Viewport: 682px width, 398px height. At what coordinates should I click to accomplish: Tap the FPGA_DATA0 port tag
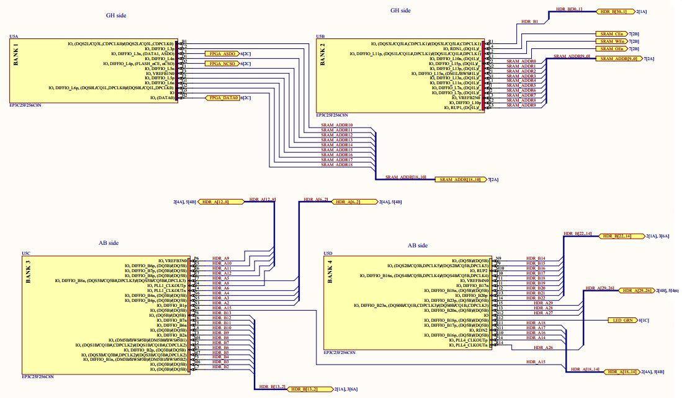point(222,98)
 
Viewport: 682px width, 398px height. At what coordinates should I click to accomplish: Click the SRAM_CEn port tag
point(611,33)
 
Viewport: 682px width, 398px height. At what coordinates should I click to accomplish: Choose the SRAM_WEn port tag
point(611,41)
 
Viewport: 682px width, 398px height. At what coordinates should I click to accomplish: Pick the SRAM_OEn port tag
point(611,49)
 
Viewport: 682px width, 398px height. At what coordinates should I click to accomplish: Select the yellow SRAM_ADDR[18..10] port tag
point(460,179)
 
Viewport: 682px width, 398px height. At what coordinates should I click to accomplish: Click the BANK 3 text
point(27,272)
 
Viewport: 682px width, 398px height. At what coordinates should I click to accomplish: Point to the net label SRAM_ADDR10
point(336,125)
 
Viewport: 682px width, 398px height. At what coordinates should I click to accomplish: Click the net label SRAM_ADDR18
point(336,164)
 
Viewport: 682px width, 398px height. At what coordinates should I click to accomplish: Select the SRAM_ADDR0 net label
point(521,61)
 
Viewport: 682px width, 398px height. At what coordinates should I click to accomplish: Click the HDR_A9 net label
point(221,258)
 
